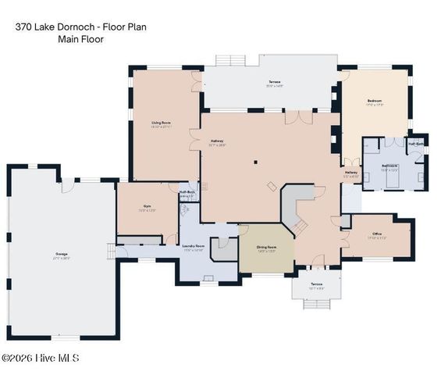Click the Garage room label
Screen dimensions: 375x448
(61, 254)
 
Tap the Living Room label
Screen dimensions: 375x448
(162, 123)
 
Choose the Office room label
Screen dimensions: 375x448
(377, 235)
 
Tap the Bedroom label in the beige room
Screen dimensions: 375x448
(375, 101)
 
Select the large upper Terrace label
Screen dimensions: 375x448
(274, 82)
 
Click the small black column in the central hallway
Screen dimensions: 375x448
(255, 162)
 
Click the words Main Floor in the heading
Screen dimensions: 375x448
(80, 39)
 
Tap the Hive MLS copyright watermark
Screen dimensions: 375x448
(41, 358)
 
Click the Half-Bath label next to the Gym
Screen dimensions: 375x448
(187, 192)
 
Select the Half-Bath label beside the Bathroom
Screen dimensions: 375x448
(416, 144)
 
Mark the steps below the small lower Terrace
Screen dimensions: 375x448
(316, 304)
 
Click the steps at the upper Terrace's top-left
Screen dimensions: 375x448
(230, 60)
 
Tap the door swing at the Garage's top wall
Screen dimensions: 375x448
(68, 184)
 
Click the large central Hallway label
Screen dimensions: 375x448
(217, 141)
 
